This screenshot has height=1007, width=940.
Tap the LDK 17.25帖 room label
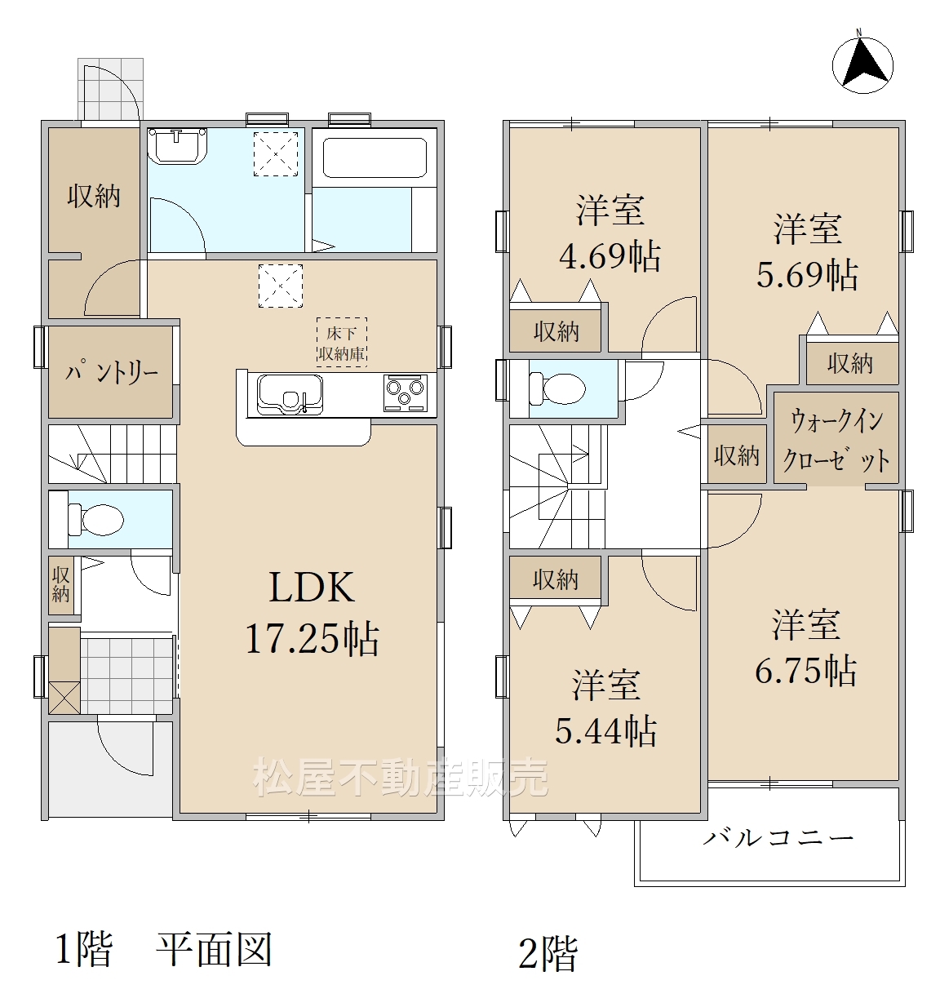pos(312,613)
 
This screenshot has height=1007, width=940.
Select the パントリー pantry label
pos(111,373)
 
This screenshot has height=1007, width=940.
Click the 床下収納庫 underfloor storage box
pos(341,343)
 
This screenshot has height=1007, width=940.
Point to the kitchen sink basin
pos(290,394)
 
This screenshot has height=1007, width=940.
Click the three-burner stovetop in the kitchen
pos(405,393)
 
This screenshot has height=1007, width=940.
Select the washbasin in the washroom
pos(177,145)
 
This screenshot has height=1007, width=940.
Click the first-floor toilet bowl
pos(95,519)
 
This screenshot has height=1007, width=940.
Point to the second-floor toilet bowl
pos(557,389)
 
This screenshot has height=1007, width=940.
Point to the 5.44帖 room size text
pos(606,730)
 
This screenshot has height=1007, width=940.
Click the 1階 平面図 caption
pos(163,949)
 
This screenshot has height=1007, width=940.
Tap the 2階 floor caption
pos(548,953)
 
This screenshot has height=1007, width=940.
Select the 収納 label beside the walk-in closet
pos(737,455)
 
